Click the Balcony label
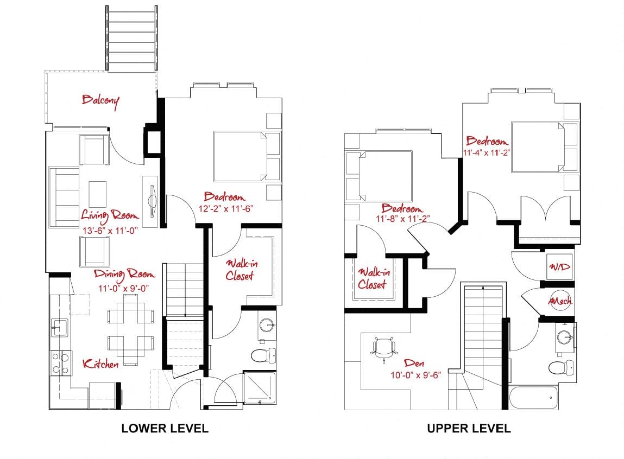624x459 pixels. [100, 100]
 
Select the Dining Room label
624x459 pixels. [124, 273]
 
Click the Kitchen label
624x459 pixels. [100, 364]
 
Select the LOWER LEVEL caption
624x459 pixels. [165, 428]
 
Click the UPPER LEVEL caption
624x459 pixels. [469, 428]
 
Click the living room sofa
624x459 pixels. [64, 197]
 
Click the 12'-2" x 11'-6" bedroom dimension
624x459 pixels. [225, 208]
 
